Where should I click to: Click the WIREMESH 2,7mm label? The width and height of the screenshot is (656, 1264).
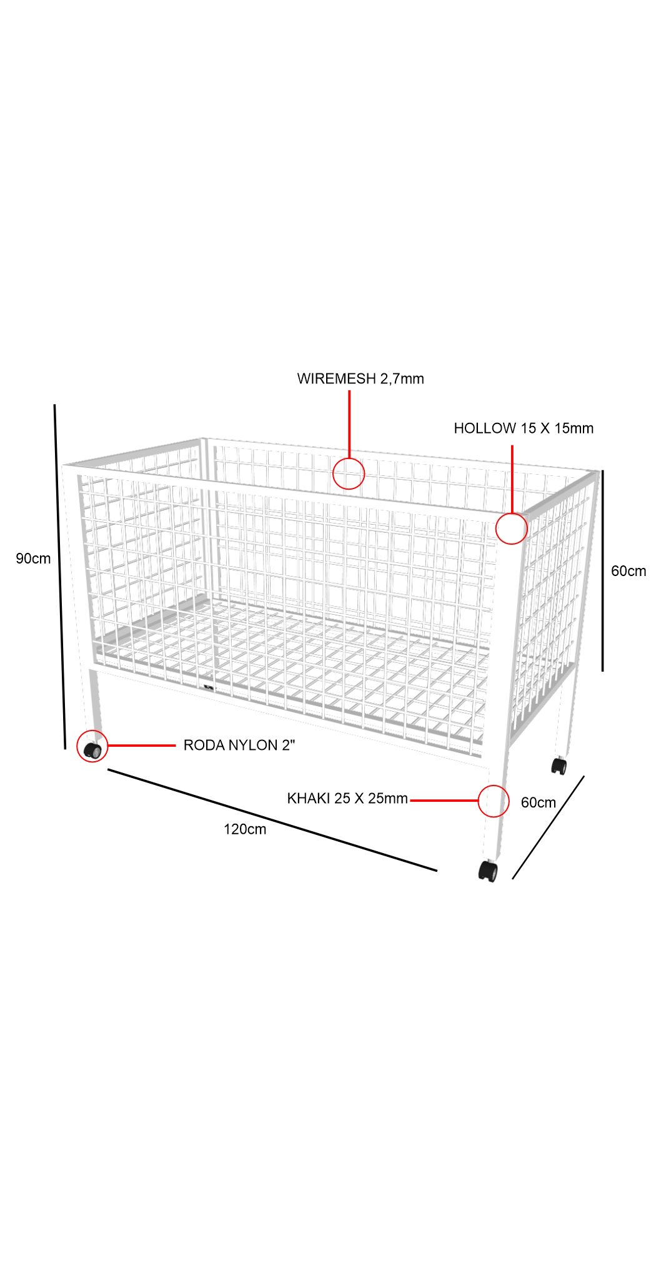[x=360, y=379]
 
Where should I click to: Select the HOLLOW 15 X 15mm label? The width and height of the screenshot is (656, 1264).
[x=524, y=428]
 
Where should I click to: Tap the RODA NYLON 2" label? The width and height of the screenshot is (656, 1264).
[x=239, y=745]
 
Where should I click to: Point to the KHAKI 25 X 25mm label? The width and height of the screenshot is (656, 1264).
[x=347, y=799]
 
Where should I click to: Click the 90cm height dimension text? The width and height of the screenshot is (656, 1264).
[x=33, y=559]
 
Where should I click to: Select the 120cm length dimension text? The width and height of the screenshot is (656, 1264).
[x=245, y=829]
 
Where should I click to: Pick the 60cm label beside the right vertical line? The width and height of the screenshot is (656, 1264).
[x=629, y=571]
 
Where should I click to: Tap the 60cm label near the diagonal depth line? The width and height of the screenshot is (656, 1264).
[x=539, y=802]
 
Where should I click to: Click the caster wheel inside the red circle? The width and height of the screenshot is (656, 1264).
[x=92, y=751]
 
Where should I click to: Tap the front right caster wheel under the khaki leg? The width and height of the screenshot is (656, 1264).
[x=488, y=871]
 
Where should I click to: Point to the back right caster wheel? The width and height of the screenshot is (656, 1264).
[x=559, y=766]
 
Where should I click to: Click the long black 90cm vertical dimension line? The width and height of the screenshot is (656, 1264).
[x=60, y=577]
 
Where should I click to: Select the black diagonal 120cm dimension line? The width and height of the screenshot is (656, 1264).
[x=272, y=820]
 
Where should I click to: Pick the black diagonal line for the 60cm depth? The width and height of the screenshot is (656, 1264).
[x=549, y=827]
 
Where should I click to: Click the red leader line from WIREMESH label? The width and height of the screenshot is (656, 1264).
[x=349, y=424]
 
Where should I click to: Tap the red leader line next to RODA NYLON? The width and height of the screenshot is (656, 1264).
[x=142, y=746]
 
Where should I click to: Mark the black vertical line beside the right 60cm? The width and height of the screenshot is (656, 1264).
[x=602, y=571]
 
